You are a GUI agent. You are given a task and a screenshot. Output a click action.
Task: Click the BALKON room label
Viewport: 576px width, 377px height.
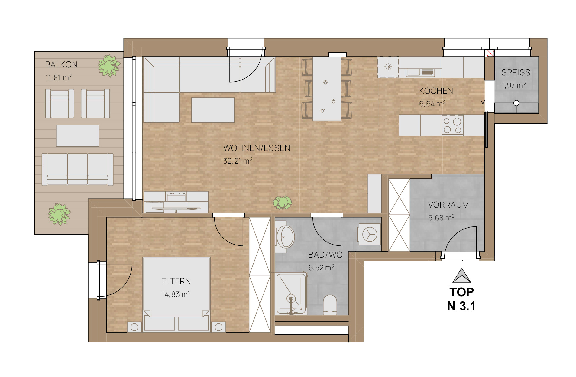point(61,65)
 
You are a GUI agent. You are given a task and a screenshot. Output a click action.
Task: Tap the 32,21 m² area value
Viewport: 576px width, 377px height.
point(238,161)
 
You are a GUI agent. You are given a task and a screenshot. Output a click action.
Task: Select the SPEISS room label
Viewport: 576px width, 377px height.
point(516,73)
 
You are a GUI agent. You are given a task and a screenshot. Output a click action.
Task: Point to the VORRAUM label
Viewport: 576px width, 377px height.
point(448,205)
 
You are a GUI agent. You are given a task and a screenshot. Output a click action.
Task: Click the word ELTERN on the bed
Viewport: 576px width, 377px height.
point(176,281)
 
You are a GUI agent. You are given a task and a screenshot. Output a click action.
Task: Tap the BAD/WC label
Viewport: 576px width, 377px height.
point(325,255)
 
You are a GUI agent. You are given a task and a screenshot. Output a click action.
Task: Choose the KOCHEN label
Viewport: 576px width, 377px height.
point(436,91)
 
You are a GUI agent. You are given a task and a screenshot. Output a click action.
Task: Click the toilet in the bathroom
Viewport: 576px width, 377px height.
point(330,305)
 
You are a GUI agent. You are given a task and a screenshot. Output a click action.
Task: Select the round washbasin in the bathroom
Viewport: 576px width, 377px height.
point(285,237)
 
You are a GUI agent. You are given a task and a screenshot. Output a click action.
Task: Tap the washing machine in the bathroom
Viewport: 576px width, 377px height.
point(369,234)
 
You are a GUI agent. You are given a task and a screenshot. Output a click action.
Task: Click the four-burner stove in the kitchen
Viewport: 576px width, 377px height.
point(452,125)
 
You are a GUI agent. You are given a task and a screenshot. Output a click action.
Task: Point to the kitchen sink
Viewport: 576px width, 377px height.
point(420,72)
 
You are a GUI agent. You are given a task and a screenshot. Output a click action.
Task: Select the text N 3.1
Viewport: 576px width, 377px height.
point(461,306)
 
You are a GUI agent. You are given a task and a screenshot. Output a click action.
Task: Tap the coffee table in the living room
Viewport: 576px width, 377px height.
point(213,110)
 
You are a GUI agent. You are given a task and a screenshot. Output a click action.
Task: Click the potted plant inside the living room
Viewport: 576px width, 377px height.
point(283,202)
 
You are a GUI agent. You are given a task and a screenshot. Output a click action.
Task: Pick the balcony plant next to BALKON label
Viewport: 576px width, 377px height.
point(109,66)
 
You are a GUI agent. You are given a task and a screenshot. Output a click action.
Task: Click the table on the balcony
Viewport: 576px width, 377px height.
point(77,136)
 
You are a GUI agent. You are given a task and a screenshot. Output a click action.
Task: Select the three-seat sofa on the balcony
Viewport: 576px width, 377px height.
point(77,169)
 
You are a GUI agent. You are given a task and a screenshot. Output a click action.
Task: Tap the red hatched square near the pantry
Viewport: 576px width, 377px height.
point(490,53)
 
